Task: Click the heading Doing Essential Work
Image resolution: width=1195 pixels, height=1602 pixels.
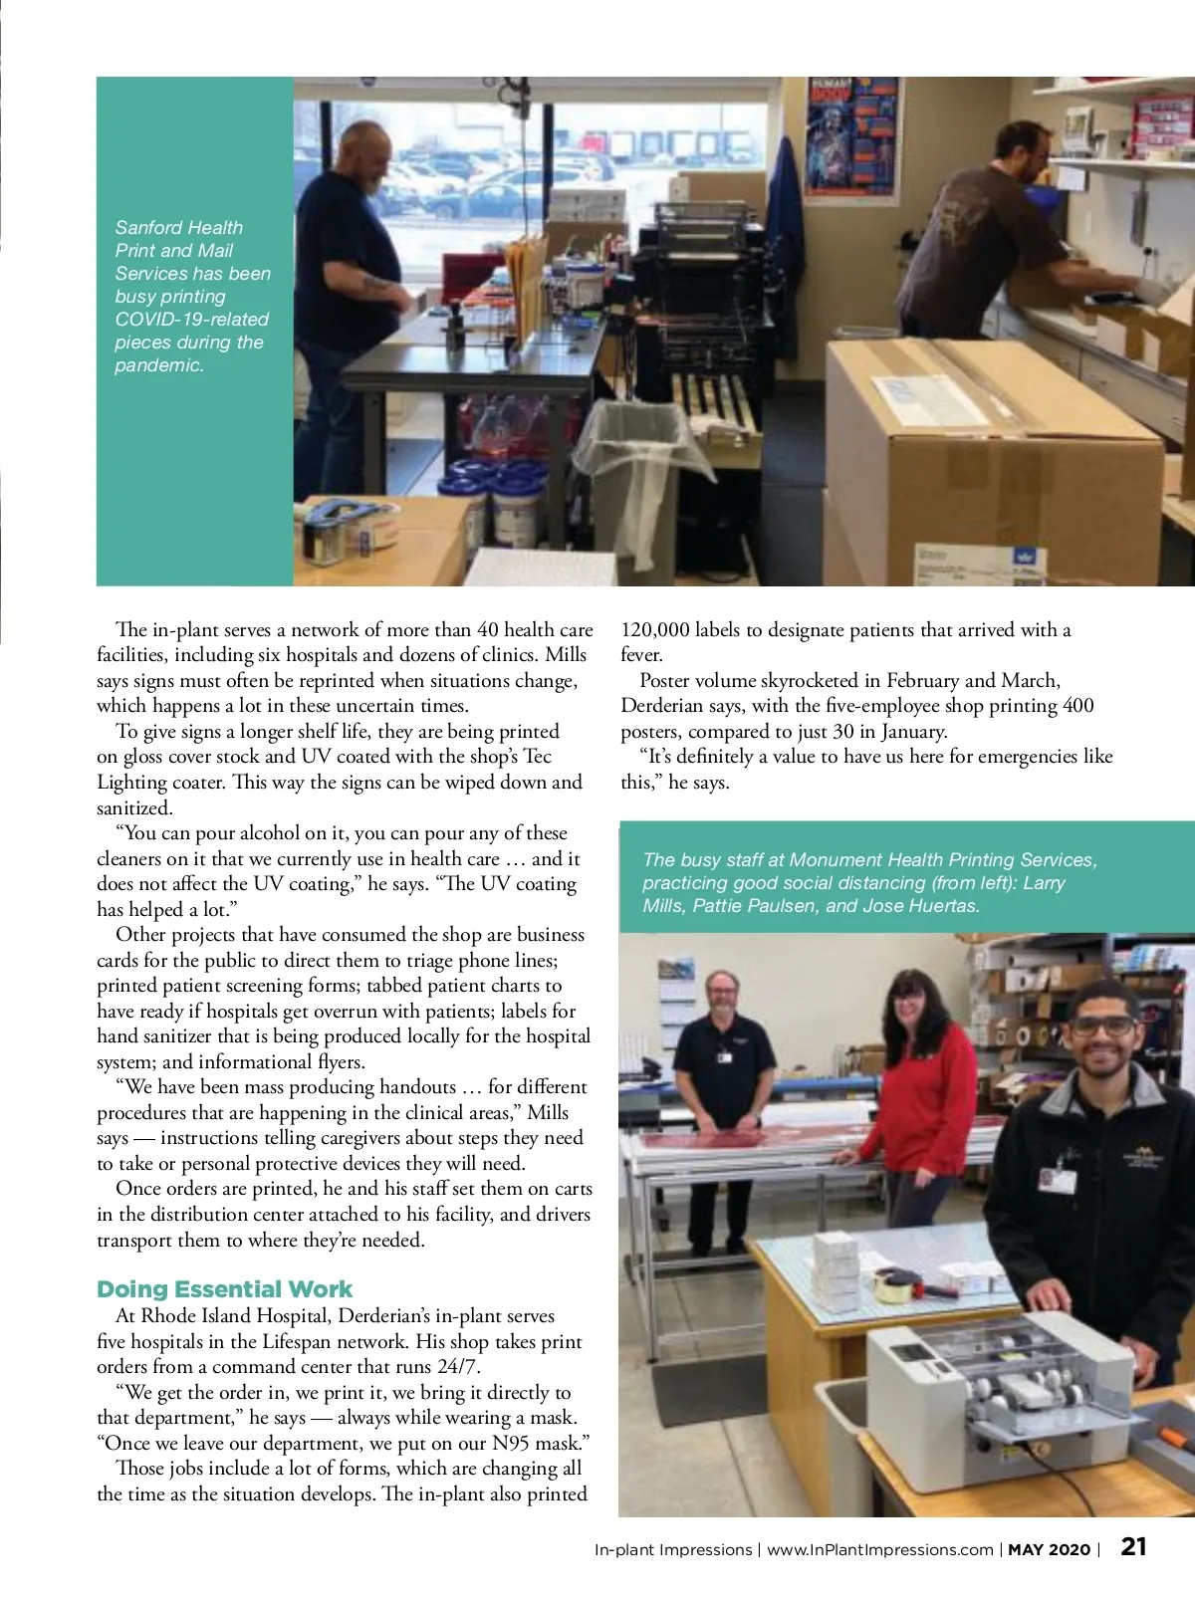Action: [224, 1289]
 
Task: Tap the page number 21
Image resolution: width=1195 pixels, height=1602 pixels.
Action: [1133, 1546]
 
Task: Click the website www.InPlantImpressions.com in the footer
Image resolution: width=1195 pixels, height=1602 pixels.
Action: [880, 1549]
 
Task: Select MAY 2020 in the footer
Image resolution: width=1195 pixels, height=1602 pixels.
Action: [1050, 1549]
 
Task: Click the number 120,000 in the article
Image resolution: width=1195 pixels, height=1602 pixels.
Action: [655, 629]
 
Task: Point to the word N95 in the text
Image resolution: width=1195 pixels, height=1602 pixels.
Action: [513, 1443]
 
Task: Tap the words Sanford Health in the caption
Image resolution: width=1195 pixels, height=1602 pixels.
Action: [179, 227]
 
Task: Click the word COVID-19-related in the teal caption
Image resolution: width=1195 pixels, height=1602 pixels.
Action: [192, 319]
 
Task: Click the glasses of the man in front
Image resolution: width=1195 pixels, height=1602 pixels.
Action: [1102, 1026]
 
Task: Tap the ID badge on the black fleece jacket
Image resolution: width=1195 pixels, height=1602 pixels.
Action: [1057, 1180]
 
